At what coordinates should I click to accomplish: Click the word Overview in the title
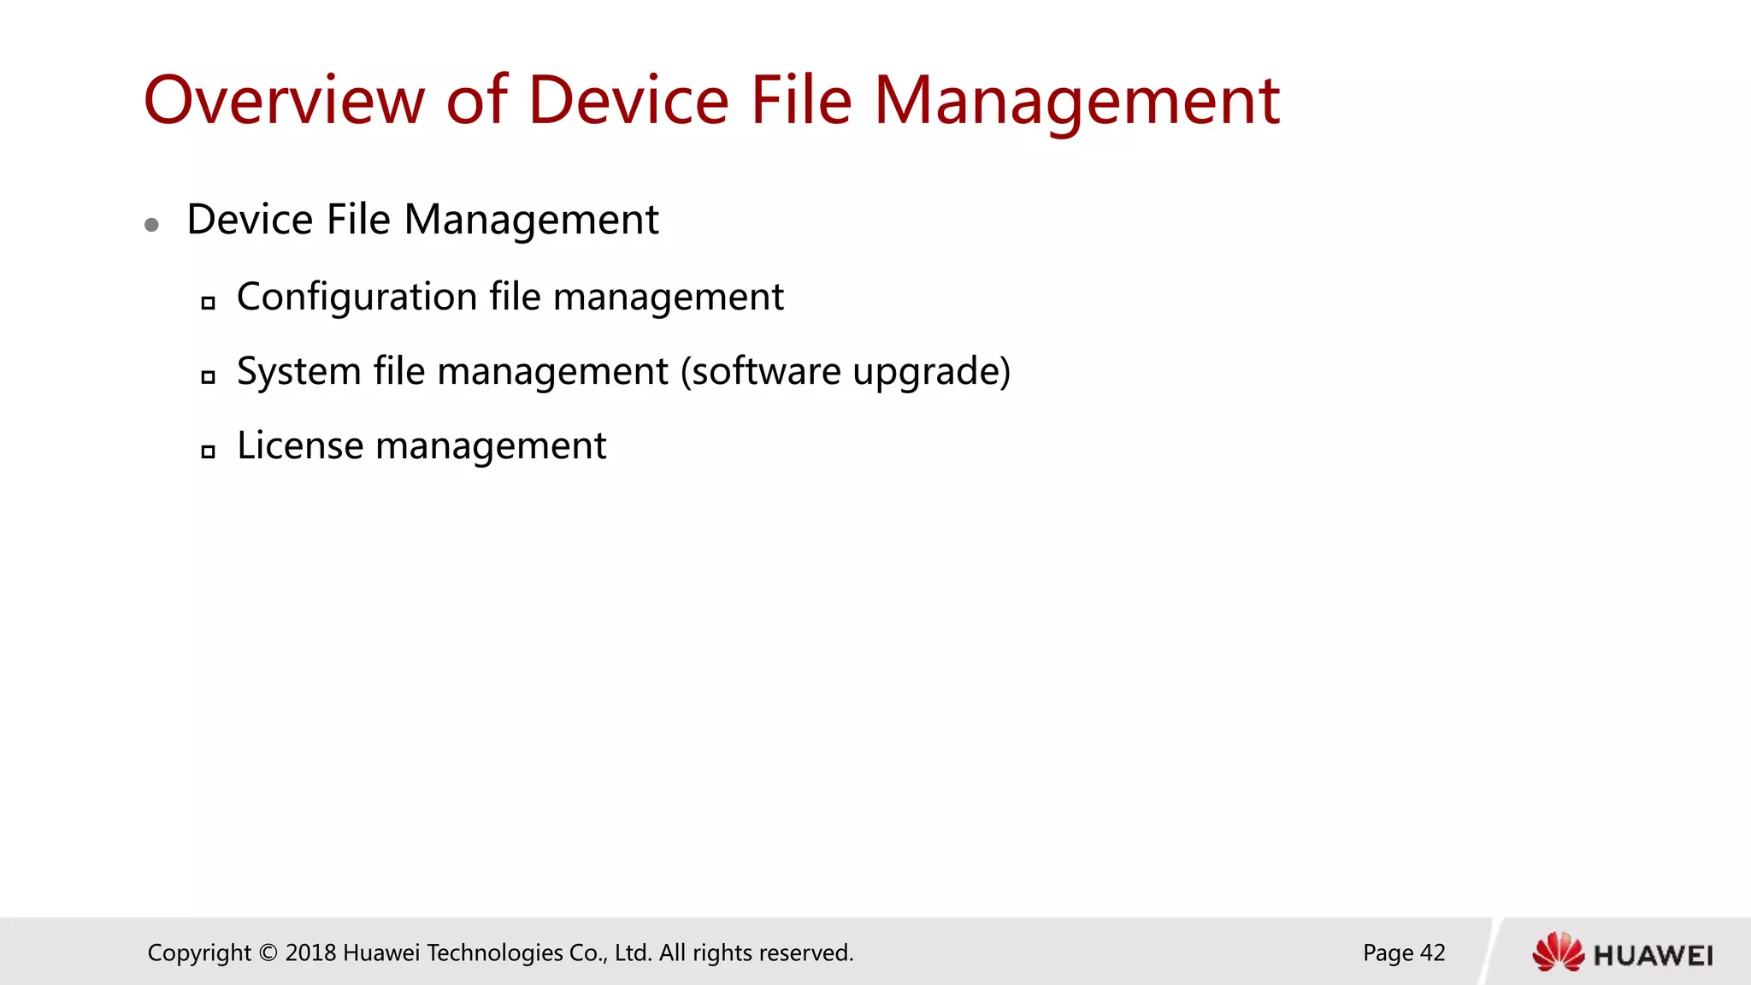pyautogui.click(x=284, y=101)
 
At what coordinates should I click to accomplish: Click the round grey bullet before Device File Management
pyautogui.click(x=152, y=225)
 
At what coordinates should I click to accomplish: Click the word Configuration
pyautogui.click(x=357, y=298)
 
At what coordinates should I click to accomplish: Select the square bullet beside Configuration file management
pyautogui.click(x=208, y=303)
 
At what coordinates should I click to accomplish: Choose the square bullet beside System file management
pyautogui.click(x=208, y=377)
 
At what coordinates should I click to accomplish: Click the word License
pyautogui.click(x=300, y=445)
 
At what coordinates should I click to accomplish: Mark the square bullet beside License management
pyautogui.click(x=208, y=451)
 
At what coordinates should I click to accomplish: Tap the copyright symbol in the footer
pyautogui.click(x=268, y=953)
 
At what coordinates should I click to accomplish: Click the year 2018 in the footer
pyautogui.click(x=310, y=953)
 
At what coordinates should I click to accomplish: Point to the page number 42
pyautogui.click(x=1432, y=953)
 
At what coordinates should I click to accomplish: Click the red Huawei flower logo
pyautogui.click(x=1558, y=953)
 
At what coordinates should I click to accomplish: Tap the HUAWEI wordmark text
pyautogui.click(x=1654, y=955)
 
